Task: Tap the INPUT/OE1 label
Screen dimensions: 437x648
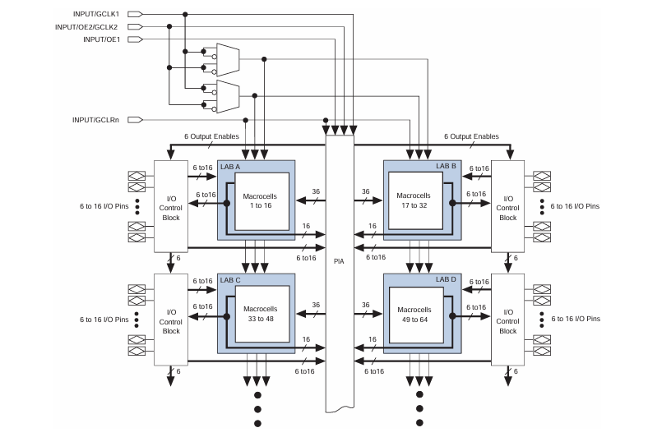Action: pos(101,39)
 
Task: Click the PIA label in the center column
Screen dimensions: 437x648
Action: pos(338,263)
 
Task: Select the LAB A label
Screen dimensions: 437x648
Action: pos(231,167)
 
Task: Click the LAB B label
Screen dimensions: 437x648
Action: pos(445,167)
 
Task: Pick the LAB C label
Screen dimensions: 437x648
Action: pos(231,280)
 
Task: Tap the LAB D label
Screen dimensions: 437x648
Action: pos(445,280)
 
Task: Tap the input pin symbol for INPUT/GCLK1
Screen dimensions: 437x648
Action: pos(135,14)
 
